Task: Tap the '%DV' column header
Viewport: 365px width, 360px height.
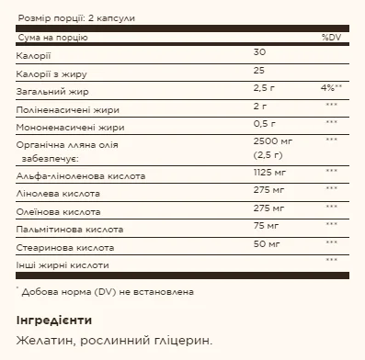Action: click(331, 39)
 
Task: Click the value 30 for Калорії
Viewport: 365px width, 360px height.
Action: click(258, 55)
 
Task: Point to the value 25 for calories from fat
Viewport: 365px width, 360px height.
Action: click(258, 72)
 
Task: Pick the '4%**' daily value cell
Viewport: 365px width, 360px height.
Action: click(331, 88)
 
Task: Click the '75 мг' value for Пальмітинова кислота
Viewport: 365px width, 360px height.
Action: click(265, 226)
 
